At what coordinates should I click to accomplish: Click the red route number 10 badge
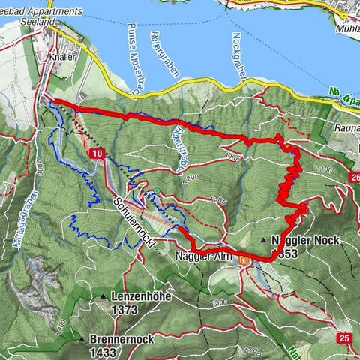98,153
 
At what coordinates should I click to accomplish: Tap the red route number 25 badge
344,338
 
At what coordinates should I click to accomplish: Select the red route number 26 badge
353,177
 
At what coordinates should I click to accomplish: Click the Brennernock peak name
121,339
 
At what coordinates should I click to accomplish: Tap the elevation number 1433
102,351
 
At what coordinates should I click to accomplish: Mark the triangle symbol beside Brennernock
82,339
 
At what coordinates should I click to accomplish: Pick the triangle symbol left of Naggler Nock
264,240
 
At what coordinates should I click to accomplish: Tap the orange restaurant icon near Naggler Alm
244,259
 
